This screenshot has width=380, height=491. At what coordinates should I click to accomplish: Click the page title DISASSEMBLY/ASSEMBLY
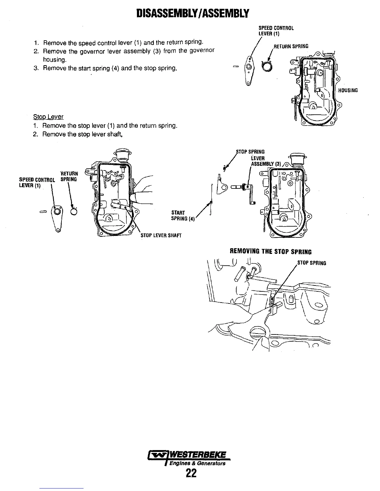point(192,13)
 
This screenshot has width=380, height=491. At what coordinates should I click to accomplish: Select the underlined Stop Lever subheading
point(48,117)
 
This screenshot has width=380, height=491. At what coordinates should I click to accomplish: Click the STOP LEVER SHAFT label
point(161,235)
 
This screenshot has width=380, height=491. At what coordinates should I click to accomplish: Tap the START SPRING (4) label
point(183,215)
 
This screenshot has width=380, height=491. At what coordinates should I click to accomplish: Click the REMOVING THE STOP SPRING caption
point(270,251)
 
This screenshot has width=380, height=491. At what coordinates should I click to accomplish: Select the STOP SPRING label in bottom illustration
point(312,263)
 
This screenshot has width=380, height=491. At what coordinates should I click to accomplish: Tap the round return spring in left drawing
point(75,211)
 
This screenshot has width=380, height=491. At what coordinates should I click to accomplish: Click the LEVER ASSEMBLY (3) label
point(265,161)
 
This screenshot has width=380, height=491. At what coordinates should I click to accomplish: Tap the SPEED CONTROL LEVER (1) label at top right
point(276,30)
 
